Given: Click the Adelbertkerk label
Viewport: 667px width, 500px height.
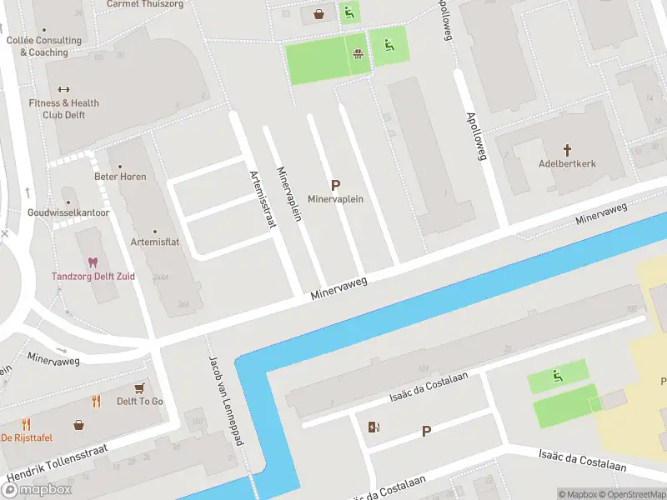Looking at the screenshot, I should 567,164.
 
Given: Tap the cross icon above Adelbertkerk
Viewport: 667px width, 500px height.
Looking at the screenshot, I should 567,150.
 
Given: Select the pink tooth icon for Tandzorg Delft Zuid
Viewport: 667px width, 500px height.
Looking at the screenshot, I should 93,262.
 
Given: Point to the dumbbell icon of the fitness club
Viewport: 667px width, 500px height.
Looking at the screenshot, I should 64,90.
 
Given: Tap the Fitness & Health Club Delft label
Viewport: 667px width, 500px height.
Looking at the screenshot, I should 64,109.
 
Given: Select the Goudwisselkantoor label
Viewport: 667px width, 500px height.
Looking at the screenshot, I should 68,212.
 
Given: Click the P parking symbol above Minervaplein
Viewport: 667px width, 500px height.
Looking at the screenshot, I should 335,186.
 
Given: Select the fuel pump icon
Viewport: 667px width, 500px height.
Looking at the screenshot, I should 374,427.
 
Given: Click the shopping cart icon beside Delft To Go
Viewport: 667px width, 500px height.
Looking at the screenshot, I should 139,388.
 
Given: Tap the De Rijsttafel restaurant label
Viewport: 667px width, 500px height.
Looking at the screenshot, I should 28,438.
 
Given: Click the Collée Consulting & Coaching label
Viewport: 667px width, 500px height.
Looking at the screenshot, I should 44,46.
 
